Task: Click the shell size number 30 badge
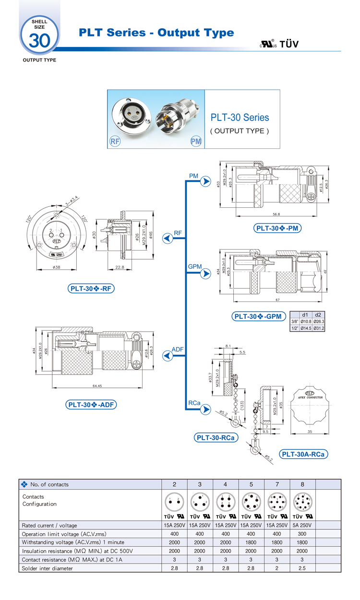point(39,39)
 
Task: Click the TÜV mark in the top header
point(289,44)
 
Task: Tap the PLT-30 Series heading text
point(240,118)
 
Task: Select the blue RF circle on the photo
point(115,141)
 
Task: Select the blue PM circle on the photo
point(196,142)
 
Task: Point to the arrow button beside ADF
point(168,356)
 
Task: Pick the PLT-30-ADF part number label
point(91,405)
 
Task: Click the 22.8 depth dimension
point(120,267)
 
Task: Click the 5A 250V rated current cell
point(302,525)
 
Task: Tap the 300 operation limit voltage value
point(302,534)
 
